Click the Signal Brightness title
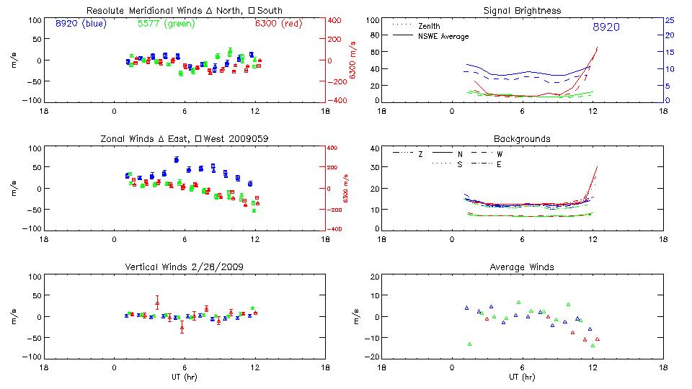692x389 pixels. point(523,11)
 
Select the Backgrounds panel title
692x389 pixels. point(523,138)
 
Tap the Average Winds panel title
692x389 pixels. point(523,267)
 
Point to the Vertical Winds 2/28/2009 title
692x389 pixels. point(184,267)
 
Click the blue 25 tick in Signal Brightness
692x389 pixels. point(669,20)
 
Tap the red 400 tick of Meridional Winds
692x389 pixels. point(336,20)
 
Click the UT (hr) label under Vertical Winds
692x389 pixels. point(184,377)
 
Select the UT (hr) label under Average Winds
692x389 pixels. point(523,377)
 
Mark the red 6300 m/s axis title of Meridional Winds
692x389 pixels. point(352,61)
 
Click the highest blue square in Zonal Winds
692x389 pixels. point(177,159)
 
